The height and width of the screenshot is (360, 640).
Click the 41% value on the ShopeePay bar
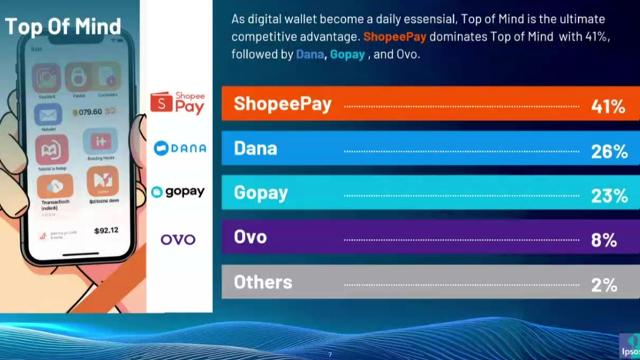[608, 106]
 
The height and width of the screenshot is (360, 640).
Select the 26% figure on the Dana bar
[609, 150]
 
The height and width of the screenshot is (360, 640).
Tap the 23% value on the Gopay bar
[609, 195]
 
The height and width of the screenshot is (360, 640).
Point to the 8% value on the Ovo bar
[603, 239]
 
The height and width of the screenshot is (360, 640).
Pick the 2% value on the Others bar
[603, 284]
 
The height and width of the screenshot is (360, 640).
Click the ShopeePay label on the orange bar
[282, 103]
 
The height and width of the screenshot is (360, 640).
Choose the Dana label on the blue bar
[255, 148]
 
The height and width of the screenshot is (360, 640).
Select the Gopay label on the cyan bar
[260, 193]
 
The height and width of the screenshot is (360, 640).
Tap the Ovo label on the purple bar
[250, 237]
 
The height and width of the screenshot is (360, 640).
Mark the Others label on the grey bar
[262, 282]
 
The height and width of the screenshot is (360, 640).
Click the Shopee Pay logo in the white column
[177, 103]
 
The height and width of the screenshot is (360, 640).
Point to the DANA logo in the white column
[179, 148]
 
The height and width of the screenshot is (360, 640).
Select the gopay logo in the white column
[177, 191]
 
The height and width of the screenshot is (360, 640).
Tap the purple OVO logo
[177, 239]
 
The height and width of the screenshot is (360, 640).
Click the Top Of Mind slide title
[62, 26]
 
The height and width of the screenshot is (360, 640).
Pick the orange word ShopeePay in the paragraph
[395, 36]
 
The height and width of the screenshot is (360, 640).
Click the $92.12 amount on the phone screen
[106, 230]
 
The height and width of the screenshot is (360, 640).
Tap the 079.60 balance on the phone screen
[90, 112]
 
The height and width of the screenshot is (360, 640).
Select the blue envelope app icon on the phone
[48, 115]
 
